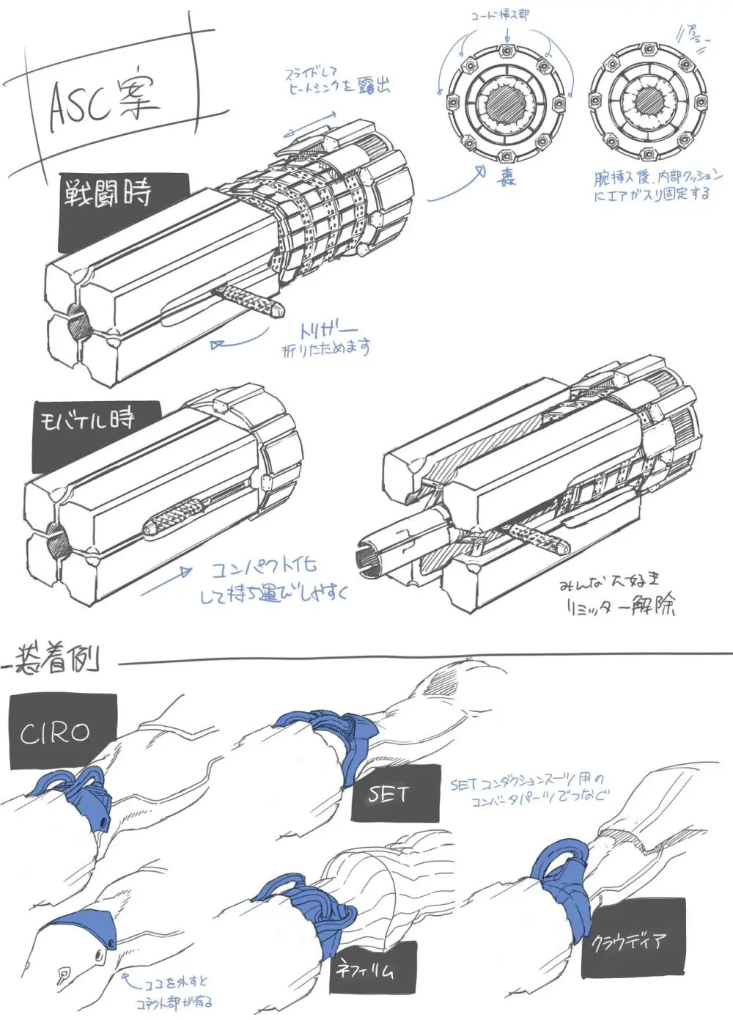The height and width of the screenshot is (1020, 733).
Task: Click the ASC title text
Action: point(103,103)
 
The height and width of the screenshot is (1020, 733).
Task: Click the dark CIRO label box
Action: point(62,731)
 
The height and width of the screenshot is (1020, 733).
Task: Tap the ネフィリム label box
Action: point(374,968)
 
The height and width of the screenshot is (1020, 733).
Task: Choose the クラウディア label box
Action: point(634,939)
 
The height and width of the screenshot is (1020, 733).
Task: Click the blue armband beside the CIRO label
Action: point(77,796)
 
